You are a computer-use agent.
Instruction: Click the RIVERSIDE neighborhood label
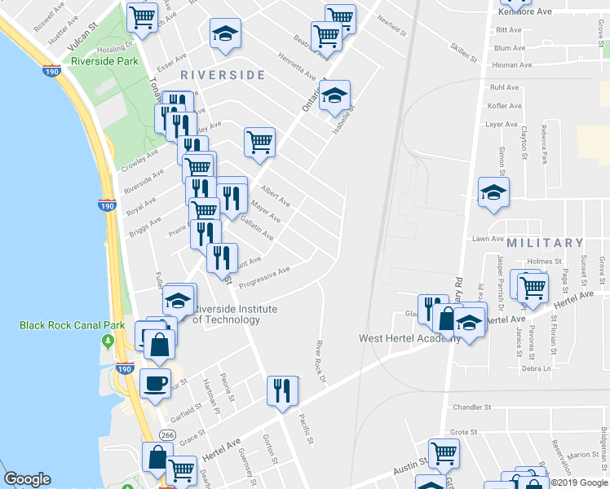(223, 75)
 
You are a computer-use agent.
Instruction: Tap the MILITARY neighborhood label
(545, 243)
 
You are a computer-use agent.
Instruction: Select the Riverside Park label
(104, 61)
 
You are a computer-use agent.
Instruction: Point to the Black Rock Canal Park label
(73, 325)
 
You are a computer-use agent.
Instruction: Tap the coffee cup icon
(154, 382)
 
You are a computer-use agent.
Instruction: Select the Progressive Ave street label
(263, 276)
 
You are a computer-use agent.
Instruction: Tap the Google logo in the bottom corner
(27, 480)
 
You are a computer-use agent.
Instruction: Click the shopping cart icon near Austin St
(444, 452)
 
